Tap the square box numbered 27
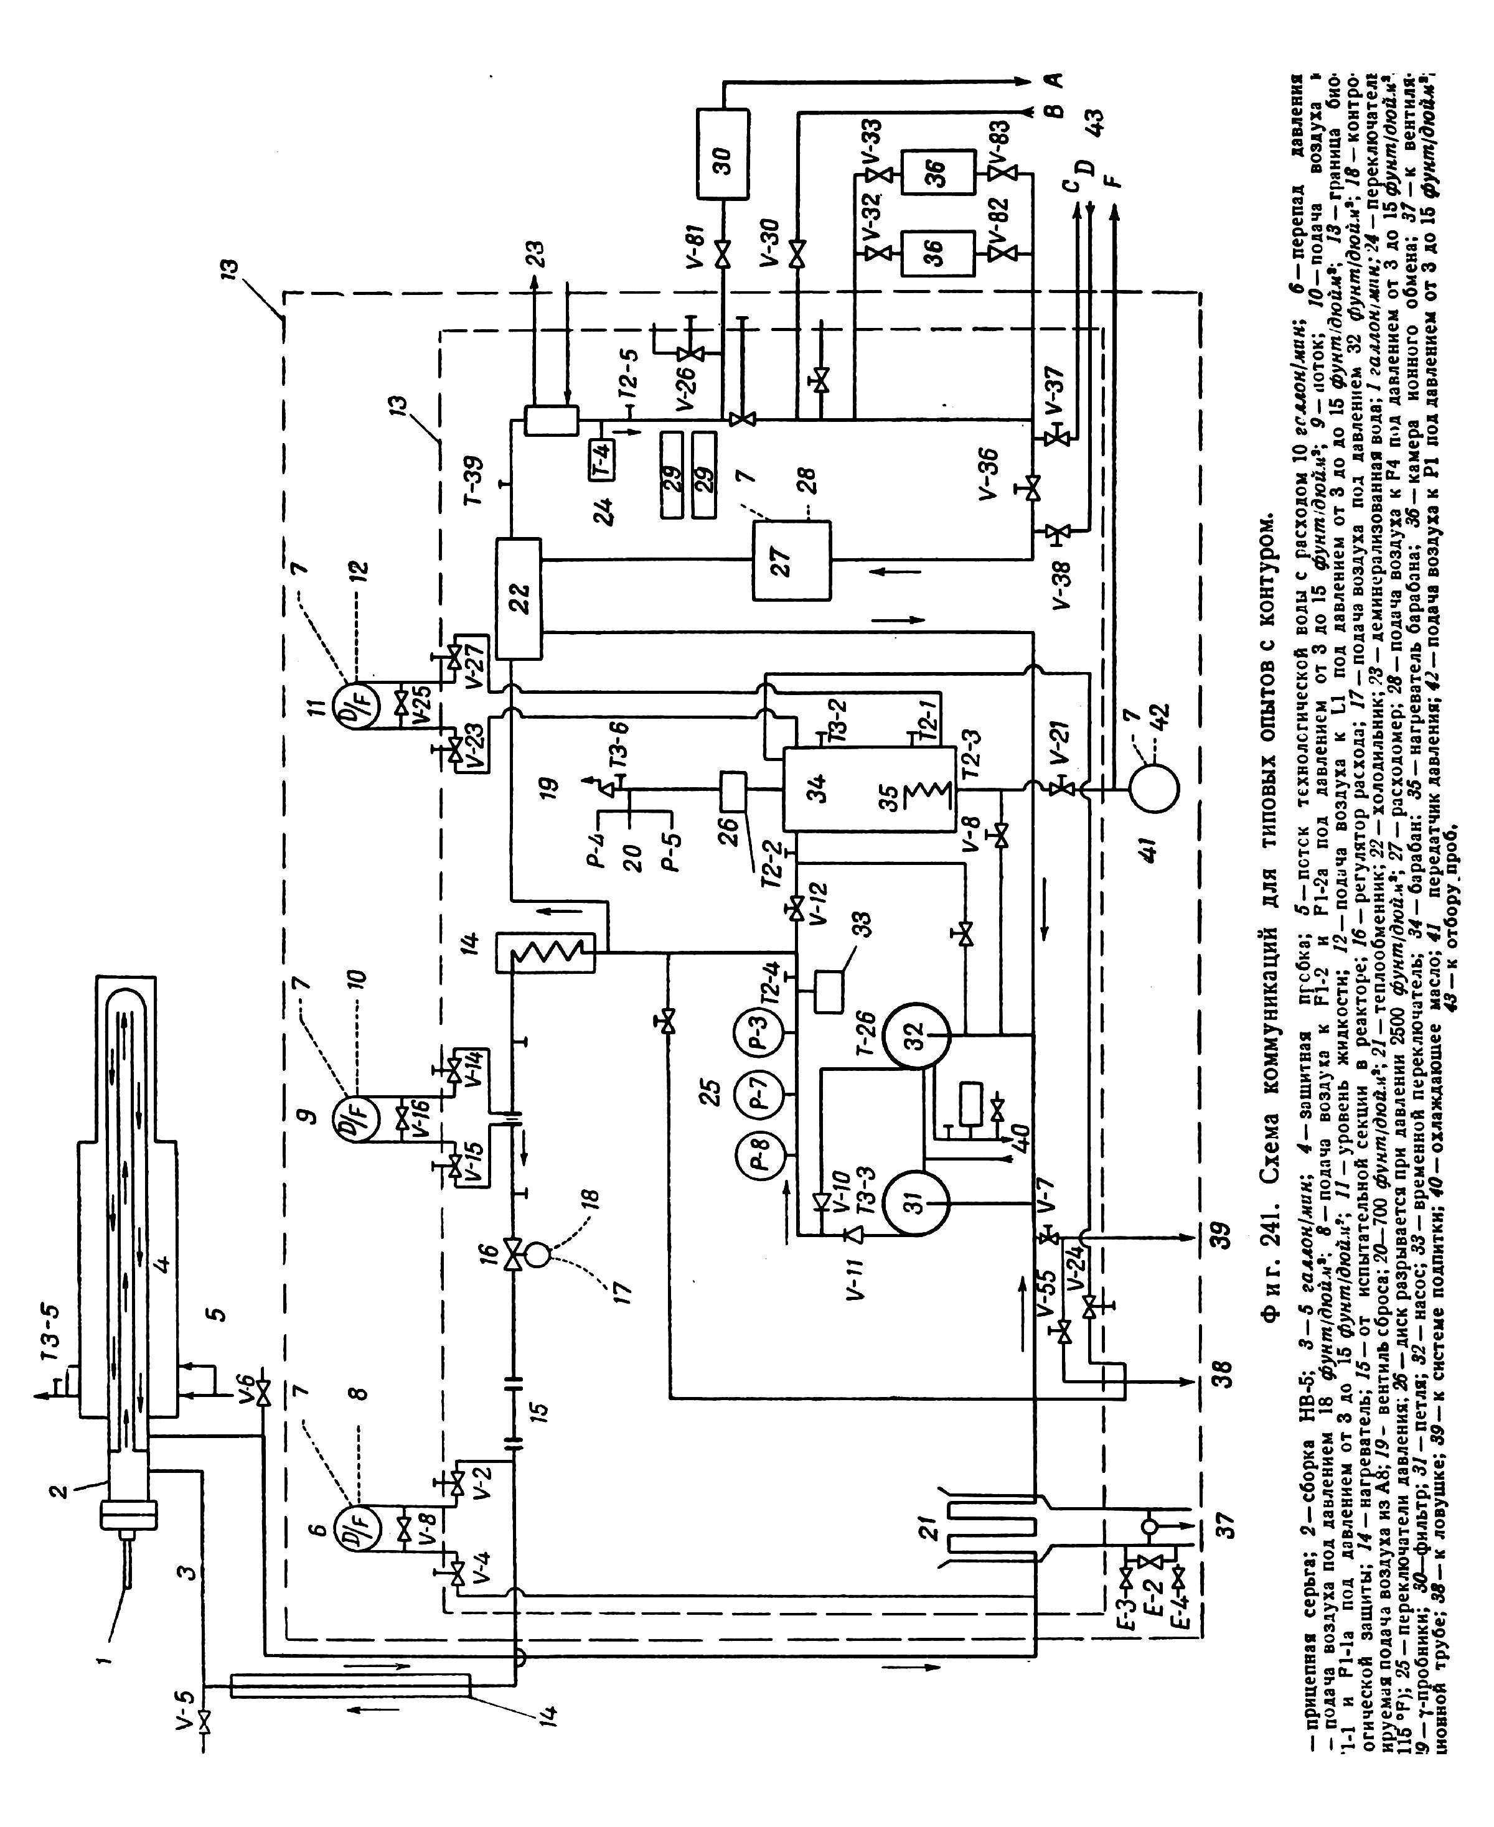792,560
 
